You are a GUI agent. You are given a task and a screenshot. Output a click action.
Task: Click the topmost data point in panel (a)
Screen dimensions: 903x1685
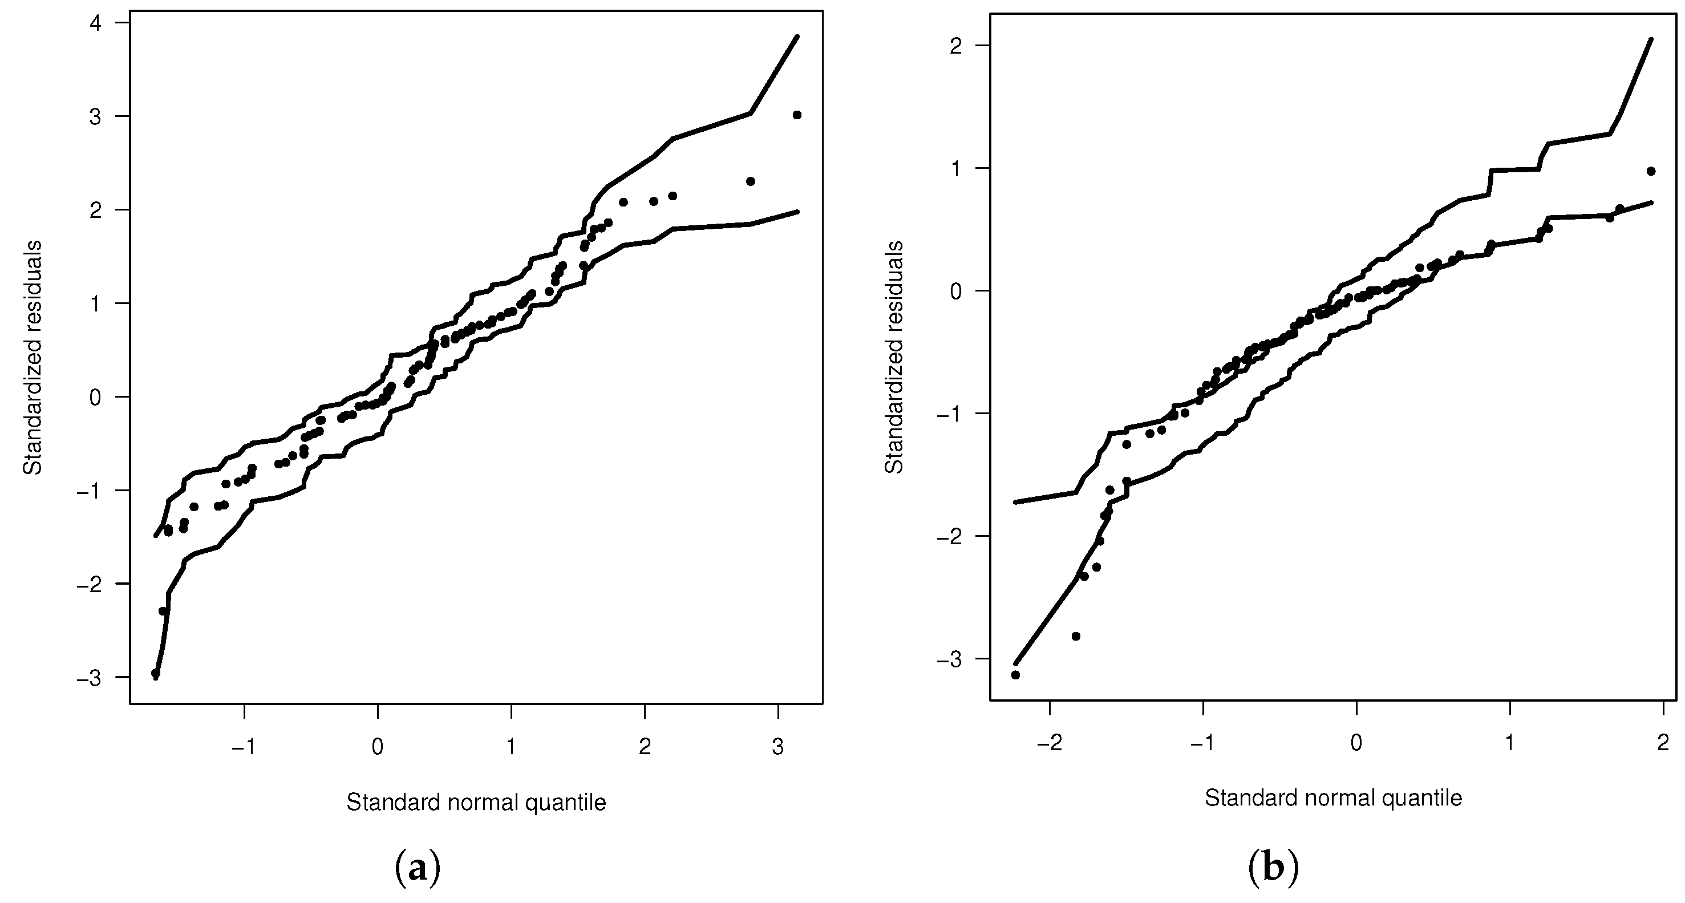coord(797,115)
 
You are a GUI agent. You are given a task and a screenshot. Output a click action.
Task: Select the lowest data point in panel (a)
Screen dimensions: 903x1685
coord(155,673)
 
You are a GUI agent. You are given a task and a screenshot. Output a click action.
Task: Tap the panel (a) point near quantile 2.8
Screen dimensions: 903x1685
coord(750,181)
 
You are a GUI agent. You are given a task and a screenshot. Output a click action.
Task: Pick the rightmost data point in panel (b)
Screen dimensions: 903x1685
coord(1650,172)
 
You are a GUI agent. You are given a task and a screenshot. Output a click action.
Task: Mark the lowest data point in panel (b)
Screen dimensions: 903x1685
coord(1015,675)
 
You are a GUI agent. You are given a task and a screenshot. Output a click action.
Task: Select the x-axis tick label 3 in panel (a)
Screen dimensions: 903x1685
coord(777,747)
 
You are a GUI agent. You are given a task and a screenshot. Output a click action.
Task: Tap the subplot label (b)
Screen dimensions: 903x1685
coord(1273,868)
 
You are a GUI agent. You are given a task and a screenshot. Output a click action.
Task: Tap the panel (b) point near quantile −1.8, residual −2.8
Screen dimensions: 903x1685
coord(1076,636)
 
